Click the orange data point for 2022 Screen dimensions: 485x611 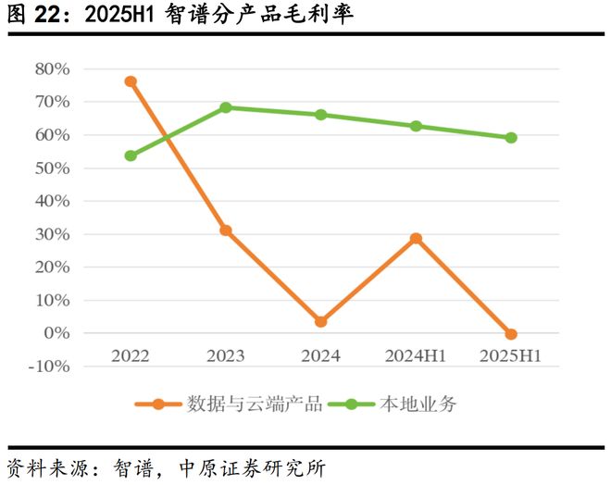point(131,81)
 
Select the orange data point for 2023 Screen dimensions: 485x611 point(226,230)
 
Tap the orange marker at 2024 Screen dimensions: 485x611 point(321,321)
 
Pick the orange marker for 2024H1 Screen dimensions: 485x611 point(417,238)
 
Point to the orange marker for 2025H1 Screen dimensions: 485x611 point(511,334)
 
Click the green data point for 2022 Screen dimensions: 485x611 point(131,155)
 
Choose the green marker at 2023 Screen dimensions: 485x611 point(226,107)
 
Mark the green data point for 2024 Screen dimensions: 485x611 point(321,115)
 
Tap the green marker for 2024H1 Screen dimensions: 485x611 point(417,126)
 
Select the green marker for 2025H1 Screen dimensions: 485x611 point(511,138)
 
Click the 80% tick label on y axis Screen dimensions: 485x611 point(52,68)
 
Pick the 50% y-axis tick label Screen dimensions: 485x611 point(52,168)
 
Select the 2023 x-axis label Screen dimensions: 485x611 point(226,356)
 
